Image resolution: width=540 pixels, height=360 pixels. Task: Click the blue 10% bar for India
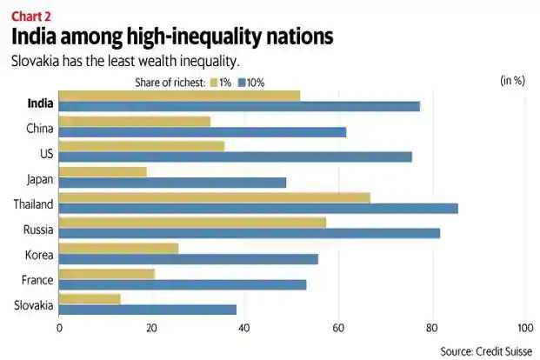(x=239, y=106)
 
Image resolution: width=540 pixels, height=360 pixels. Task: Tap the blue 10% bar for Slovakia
(x=148, y=310)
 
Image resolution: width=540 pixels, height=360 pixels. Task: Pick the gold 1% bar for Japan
(x=103, y=172)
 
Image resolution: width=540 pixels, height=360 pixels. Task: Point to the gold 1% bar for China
(x=135, y=122)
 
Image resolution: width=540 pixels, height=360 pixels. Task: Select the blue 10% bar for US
(x=236, y=157)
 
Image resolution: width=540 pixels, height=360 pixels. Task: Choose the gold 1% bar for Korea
(x=119, y=248)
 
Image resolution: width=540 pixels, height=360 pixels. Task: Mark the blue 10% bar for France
(x=183, y=284)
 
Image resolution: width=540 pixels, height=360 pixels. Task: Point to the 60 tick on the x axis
(x=338, y=329)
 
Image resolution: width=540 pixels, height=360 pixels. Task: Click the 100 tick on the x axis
(x=523, y=329)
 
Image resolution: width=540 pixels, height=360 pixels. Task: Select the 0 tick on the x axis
(x=59, y=329)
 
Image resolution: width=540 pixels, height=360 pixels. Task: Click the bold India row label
(x=40, y=103)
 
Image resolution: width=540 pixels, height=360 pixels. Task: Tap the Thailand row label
(x=34, y=204)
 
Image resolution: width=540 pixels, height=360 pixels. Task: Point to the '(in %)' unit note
(x=512, y=81)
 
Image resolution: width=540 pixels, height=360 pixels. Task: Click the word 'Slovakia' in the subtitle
(x=36, y=62)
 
